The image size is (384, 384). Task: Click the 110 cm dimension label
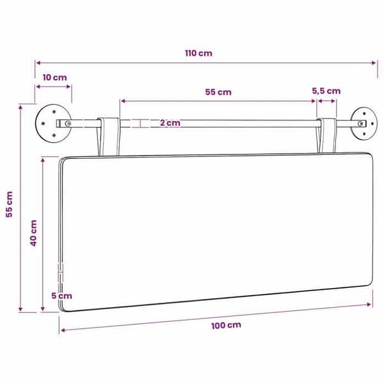198,53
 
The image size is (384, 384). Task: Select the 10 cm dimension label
54,77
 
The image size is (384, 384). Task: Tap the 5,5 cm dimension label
326,91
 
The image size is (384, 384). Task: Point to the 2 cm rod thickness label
170,123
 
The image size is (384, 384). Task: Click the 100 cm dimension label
226,325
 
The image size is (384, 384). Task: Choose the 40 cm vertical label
33,233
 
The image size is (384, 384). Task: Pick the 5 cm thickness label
61,296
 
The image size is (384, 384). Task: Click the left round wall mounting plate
53,124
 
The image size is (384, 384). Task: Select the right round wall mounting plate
363,124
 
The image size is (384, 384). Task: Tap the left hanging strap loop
109,136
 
